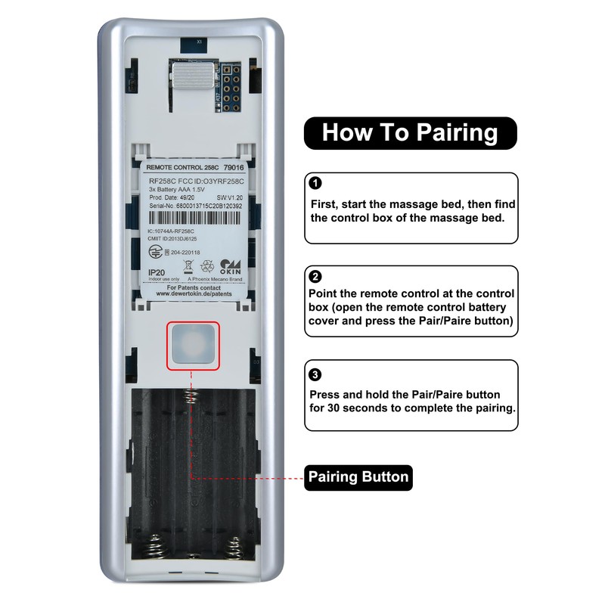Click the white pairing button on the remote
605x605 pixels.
194,346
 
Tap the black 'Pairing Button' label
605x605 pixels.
358,477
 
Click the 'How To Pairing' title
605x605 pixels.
410,132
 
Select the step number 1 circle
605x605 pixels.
316,184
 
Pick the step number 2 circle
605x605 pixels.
316,277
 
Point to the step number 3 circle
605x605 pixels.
316,374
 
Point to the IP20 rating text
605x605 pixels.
157,272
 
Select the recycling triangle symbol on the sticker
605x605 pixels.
206,266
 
